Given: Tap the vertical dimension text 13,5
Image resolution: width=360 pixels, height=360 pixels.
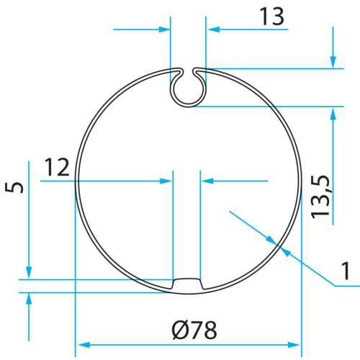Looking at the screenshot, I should click(x=322, y=196).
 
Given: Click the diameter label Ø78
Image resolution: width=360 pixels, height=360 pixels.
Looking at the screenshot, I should click(x=194, y=331).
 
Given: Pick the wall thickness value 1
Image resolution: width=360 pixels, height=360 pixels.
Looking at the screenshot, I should click(x=346, y=271).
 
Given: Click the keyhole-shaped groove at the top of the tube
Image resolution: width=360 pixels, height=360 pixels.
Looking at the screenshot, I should click(x=188, y=87).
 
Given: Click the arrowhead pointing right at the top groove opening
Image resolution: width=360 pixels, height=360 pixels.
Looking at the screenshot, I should click(x=166, y=30).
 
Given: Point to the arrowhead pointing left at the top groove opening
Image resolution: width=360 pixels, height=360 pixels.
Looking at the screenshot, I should click(x=211, y=30).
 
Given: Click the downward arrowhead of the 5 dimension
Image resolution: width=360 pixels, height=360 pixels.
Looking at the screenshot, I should click(x=29, y=274).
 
